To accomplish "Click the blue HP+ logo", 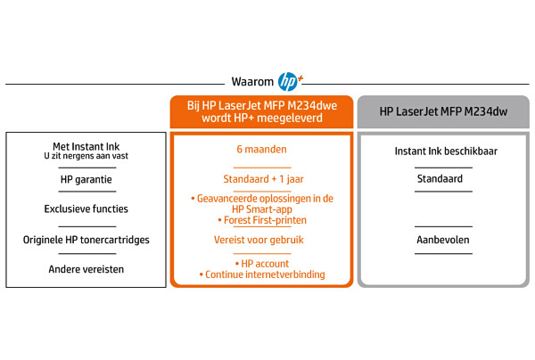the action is click(290, 81).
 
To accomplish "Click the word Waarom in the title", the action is click(252, 82).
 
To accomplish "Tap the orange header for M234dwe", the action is click(261, 111).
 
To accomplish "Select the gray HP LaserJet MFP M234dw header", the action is click(443, 111).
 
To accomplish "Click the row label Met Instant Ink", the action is click(86, 147).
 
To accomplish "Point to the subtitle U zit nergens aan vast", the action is click(86, 156).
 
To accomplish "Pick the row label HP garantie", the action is click(86, 180).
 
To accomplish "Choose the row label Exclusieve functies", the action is click(86, 209).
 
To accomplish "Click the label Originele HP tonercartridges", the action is click(86, 240).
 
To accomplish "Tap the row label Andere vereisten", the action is click(86, 269).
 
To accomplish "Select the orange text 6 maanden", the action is click(261, 150).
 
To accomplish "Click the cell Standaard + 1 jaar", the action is click(263, 179).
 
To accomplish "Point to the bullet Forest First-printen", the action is click(262, 220).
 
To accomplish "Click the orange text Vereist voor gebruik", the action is click(259, 240).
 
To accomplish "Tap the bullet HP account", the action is click(261, 264).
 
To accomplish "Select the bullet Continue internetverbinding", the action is click(262, 274).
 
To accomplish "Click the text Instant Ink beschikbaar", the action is click(446, 151).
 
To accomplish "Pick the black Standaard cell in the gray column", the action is click(440, 179).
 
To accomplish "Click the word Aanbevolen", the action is click(443, 240).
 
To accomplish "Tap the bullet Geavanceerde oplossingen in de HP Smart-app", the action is click(262, 204).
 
